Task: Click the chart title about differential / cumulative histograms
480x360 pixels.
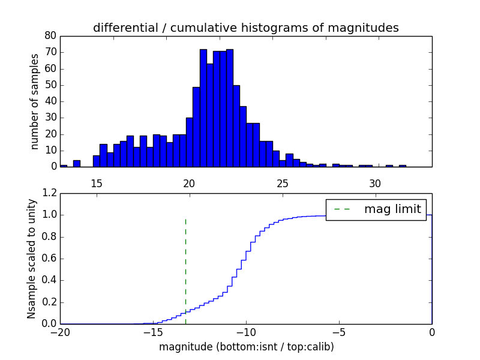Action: (245, 28)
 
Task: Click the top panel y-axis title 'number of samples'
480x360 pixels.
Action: (34, 101)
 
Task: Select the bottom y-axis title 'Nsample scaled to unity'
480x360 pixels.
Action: (31, 259)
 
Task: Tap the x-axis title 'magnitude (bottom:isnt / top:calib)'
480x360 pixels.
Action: (245, 347)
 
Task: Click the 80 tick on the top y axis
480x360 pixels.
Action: (50, 36)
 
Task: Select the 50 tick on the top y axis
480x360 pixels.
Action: (50, 85)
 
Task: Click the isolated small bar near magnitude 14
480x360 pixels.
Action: (76, 163)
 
